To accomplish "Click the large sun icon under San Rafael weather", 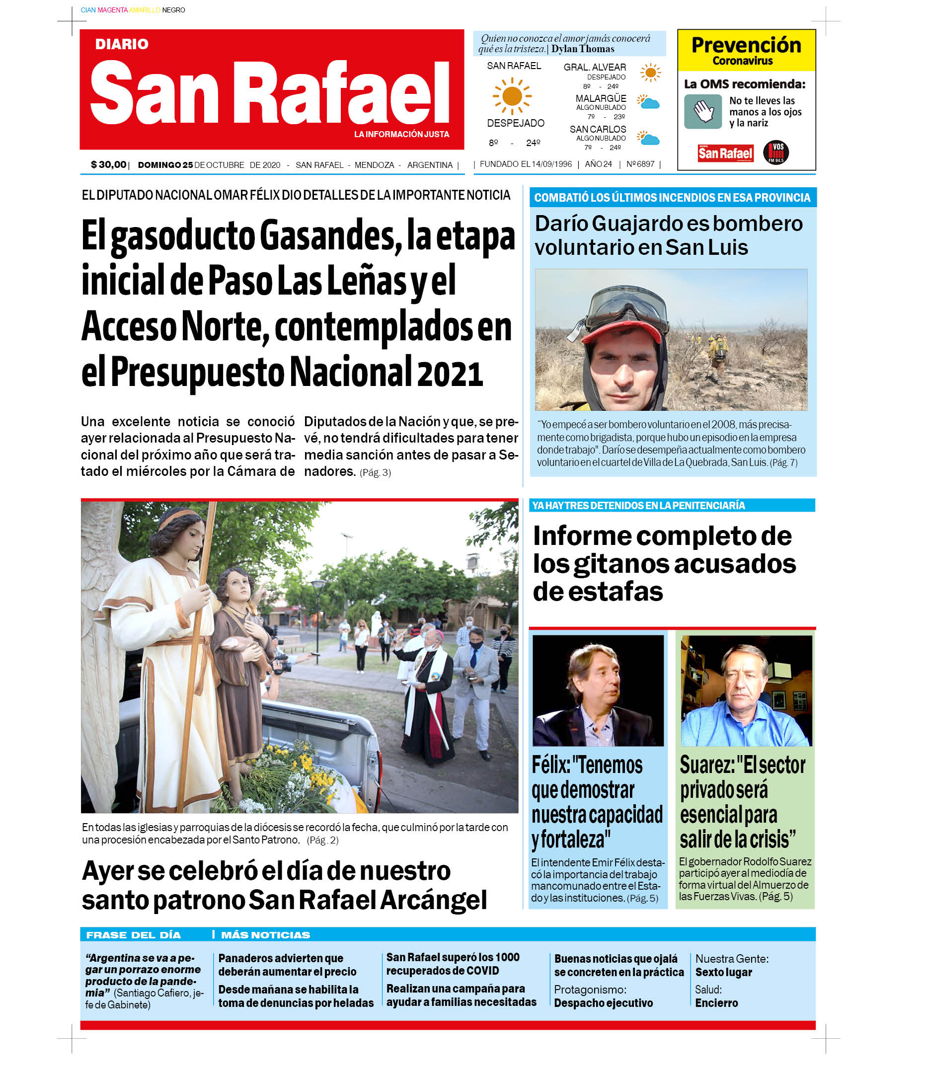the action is (x=512, y=96).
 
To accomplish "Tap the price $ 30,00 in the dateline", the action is (x=108, y=165).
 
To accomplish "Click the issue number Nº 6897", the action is (x=640, y=164).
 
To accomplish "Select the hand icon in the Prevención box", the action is (x=703, y=111).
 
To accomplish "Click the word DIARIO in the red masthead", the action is (x=122, y=45).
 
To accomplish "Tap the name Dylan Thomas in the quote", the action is (x=583, y=49).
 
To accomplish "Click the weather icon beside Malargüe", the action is (x=648, y=102).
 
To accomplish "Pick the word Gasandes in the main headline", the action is (x=329, y=236).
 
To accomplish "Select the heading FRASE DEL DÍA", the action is (x=133, y=935).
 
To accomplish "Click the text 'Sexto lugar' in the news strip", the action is (x=723, y=972).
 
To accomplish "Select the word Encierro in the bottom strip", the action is (x=716, y=1002).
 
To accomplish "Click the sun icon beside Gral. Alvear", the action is (x=650, y=73).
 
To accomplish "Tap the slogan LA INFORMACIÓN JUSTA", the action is (x=401, y=134).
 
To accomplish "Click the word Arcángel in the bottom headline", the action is (x=434, y=900).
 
